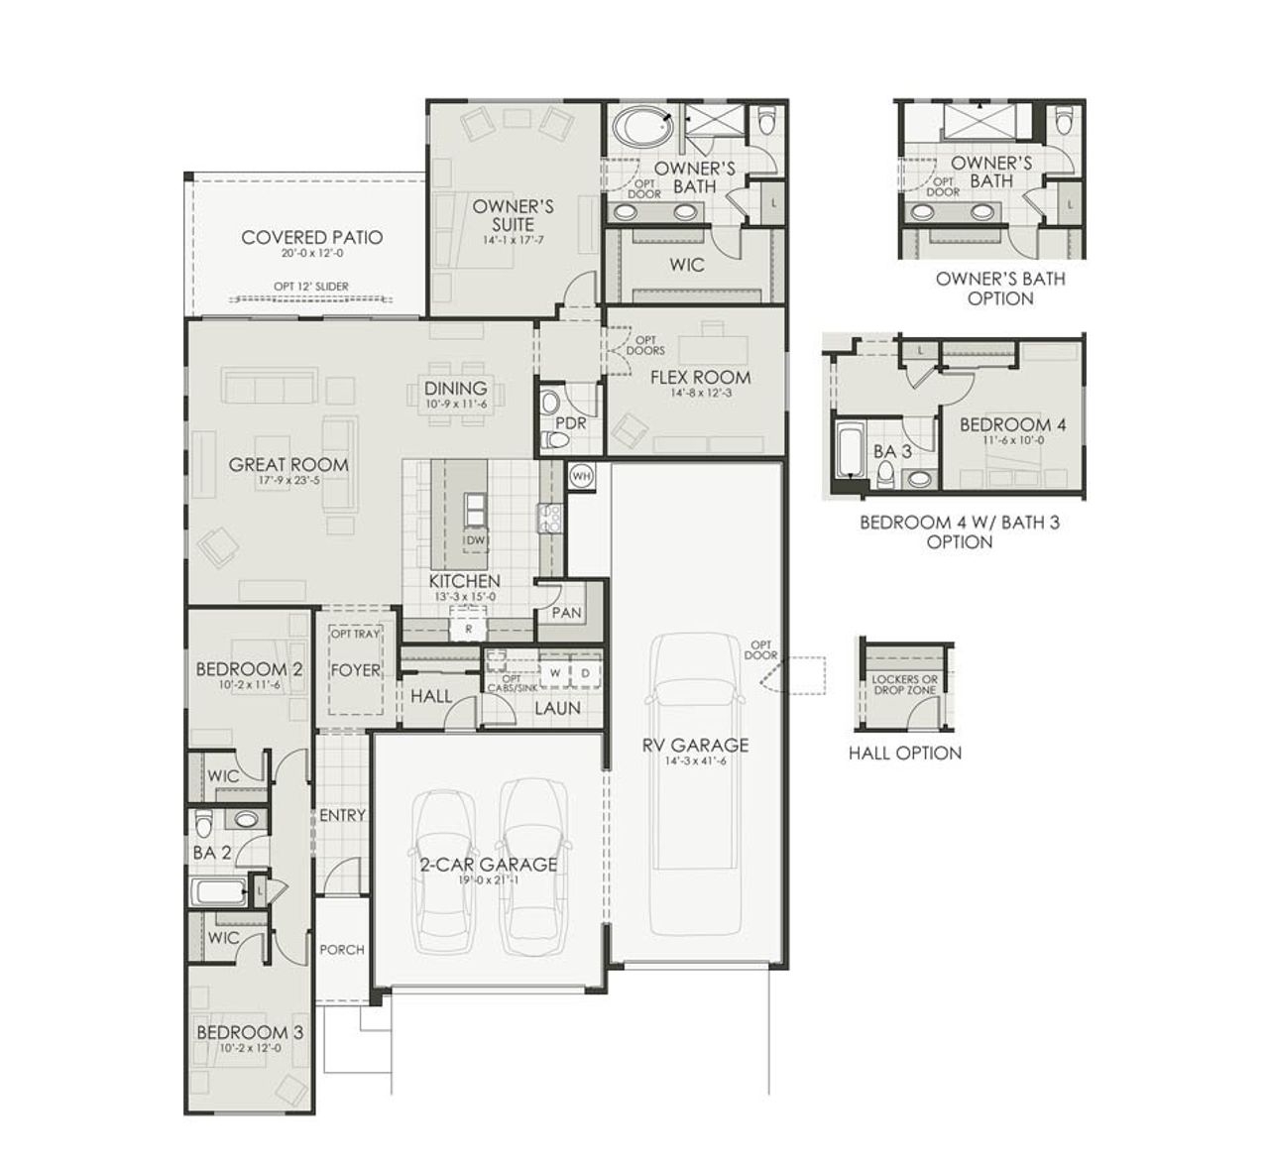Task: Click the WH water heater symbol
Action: click(581, 475)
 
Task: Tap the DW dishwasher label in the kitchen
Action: click(476, 540)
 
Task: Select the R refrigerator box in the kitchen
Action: click(468, 628)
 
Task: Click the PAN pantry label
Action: click(566, 613)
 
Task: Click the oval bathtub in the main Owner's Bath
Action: click(641, 128)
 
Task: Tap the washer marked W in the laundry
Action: click(554, 673)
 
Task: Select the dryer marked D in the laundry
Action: click(585, 673)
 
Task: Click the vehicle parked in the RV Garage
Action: click(698, 783)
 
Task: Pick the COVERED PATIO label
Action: click(311, 237)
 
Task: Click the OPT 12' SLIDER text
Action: click(311, 287)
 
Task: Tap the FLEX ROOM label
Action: click(700, 377)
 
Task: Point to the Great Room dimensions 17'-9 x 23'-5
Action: click(288, 481)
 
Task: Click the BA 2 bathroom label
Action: click(211, 851)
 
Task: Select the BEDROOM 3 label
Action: click(250, 1032)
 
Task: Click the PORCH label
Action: click(342, 949)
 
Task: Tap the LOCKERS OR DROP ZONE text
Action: click(904, 684)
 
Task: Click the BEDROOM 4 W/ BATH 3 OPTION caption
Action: click(959, 531)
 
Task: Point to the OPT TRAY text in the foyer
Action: click(355, 634)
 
